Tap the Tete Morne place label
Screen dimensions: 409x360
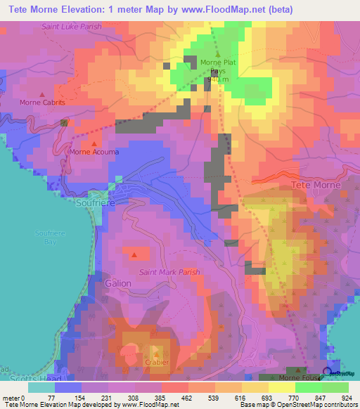point(316,185)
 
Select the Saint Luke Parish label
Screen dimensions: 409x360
point(71,27)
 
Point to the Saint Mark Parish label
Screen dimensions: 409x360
point(169,272)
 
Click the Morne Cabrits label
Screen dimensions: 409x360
point(42,102)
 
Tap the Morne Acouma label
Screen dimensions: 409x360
point(94,151)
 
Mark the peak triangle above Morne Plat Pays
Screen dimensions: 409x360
point(217,53)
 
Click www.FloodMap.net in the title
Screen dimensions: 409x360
point(221,8)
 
